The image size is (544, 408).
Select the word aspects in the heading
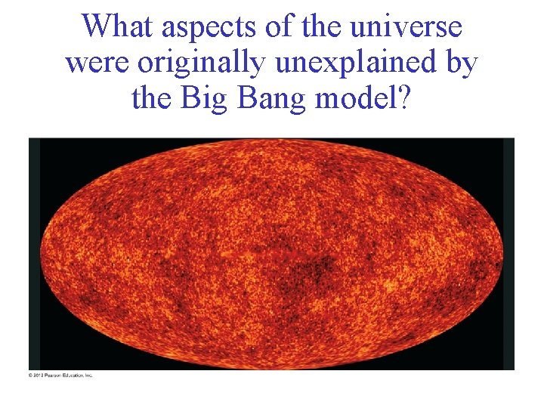coord(206,27)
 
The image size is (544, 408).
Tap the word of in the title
coord(277,27)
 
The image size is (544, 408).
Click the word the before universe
coord(323,27)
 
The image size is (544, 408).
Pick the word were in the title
coord(97,63)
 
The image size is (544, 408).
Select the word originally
coord(202,63)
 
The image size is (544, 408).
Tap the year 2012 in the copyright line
coord(40,376)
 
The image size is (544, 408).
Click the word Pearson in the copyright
coord(55,376)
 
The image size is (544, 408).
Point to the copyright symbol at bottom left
coord(31,376)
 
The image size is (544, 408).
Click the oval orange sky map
coord(272,254)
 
